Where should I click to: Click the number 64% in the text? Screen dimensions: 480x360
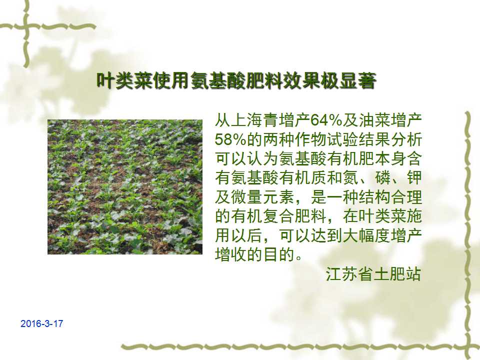[326, 120]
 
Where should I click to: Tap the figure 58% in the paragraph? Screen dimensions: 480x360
[230, 139]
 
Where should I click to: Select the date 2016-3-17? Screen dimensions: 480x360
[41, 323]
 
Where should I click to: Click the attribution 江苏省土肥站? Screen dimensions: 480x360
[373, 273]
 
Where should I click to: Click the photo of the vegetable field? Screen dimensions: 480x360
[125, 186]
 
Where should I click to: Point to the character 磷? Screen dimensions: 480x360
[381, 178]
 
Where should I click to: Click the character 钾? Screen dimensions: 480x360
[414, 178]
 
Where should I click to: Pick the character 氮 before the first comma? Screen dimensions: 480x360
[350, 178]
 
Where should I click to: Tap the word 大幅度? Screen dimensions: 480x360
[366, 235]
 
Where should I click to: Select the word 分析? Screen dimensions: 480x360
[406, 139]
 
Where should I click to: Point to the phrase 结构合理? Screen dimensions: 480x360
[390, 197]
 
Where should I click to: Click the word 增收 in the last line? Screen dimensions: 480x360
[231, 254]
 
